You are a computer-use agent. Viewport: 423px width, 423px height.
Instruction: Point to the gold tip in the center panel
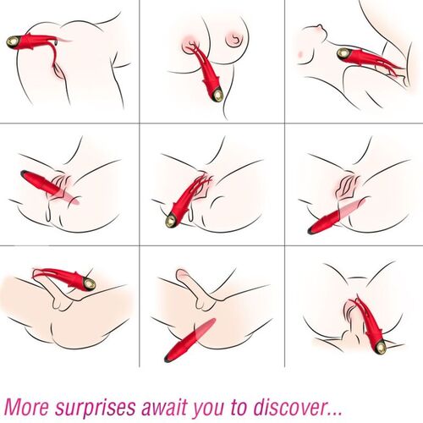point(173,222)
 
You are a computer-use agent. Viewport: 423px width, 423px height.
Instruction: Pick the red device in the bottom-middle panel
point(190,346)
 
